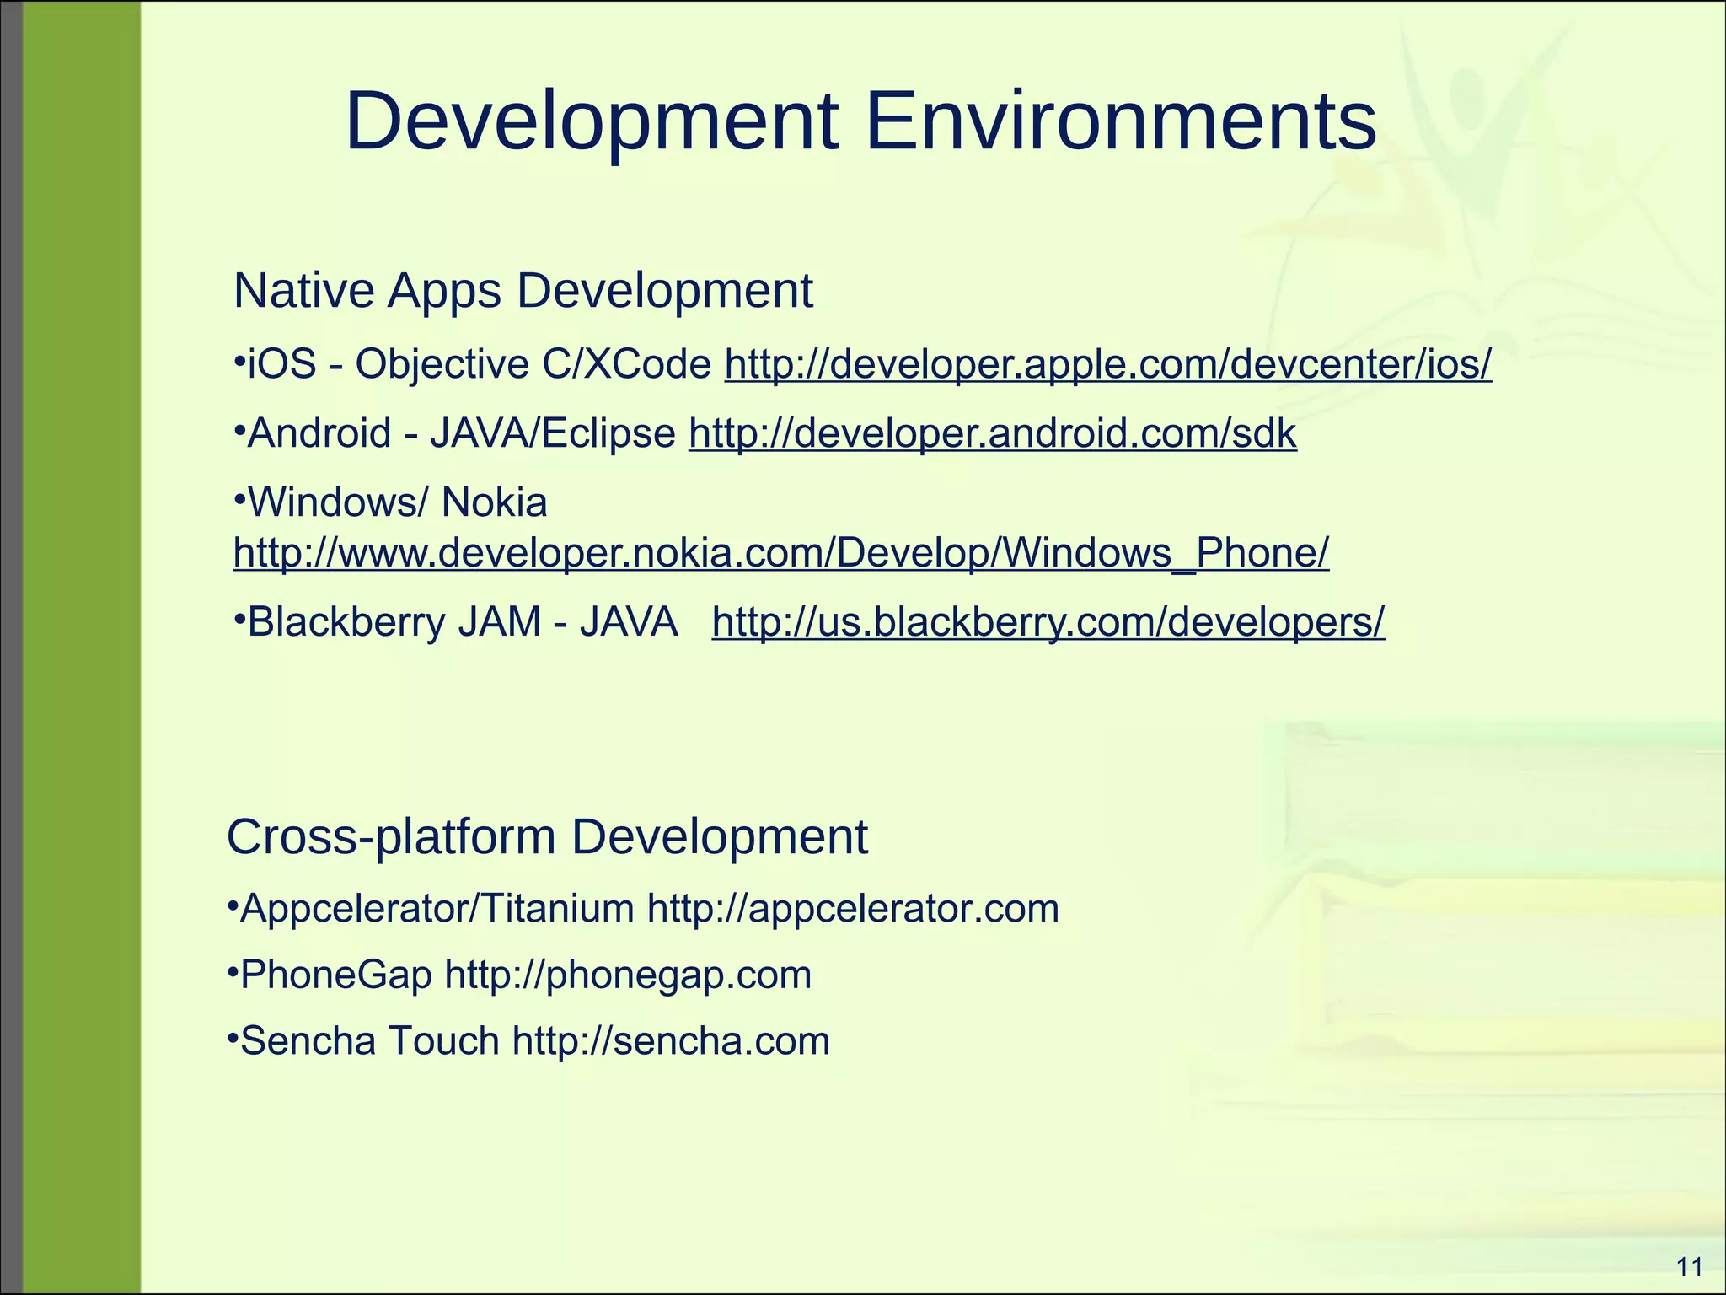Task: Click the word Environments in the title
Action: point(1121,122)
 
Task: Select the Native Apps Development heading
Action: point(523,291)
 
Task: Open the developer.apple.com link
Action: point(1108,365)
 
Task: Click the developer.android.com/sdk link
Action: point(993,434)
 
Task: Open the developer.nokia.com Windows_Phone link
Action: point(780,554)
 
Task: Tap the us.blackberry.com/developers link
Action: point(1048,623)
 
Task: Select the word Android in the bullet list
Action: point(319,434)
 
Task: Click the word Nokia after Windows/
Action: point(494,503)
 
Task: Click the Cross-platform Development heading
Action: point(547,837)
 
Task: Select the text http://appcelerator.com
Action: point(853,909)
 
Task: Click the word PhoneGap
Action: point(336,975)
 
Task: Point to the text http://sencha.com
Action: point(671,1041)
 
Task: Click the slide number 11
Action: point(1690,1267)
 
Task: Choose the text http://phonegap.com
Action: point(628,975)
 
